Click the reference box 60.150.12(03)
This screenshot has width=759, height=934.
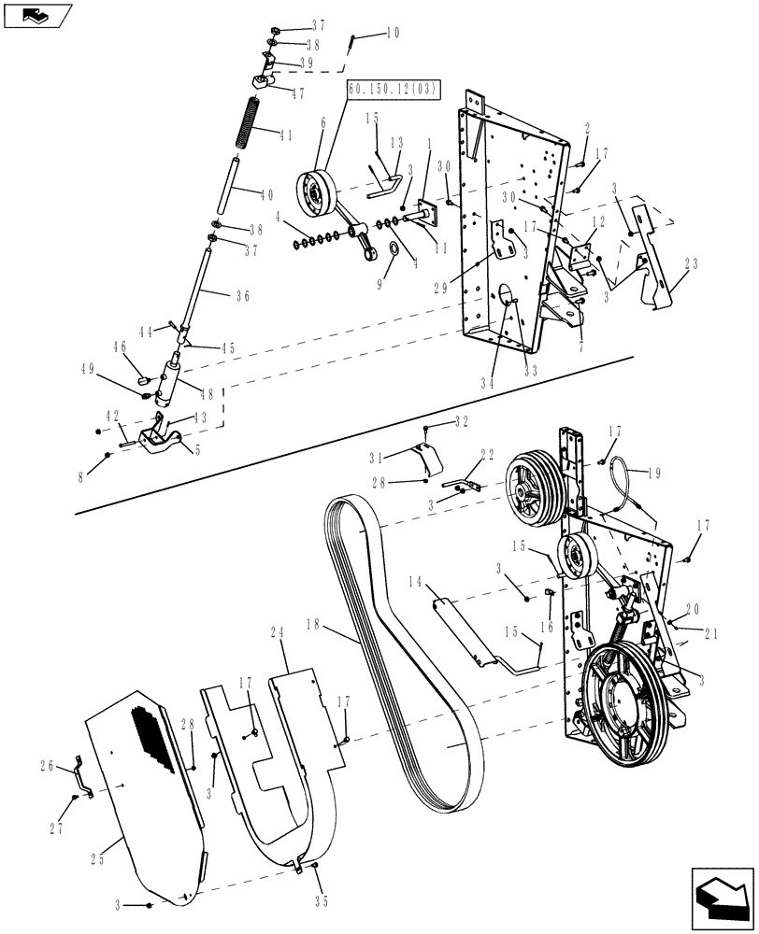394,89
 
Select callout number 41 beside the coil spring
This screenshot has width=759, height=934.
286,134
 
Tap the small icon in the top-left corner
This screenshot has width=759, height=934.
35,14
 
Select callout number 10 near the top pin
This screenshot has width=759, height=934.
392,34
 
